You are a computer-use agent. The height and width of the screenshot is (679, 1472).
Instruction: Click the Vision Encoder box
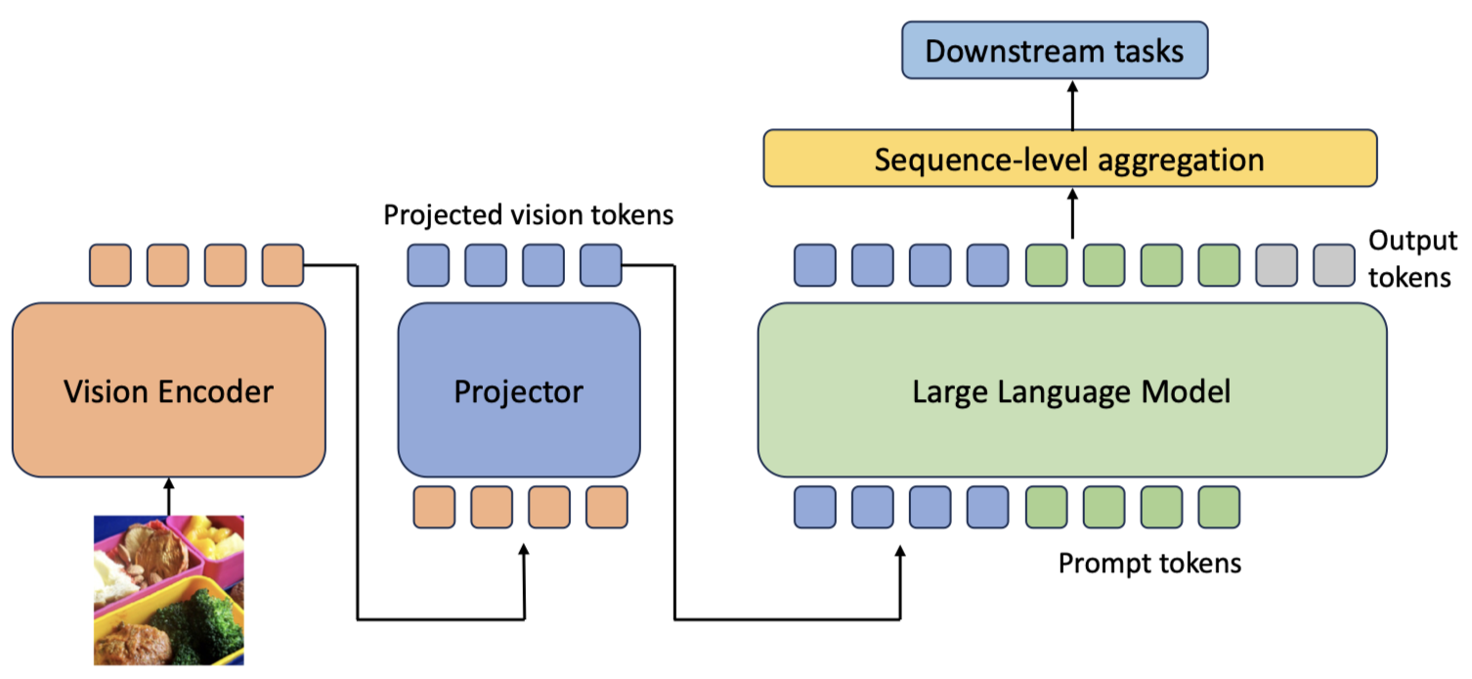pyautogui.click(x=168, y=391)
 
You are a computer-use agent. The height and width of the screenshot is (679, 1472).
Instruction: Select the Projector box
pyautogui.click(x=518, y=391)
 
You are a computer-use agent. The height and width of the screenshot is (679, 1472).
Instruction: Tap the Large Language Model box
pyautogui.click(x=1071, y=391)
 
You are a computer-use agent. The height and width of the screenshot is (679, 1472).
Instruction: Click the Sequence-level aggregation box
pyautogui.click(x=1069, y=158)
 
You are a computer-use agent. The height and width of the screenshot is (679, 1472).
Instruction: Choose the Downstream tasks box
pyautogui.click(x=1054, y=51)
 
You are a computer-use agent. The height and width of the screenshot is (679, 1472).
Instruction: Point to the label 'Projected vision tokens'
pyautogui.click(x=528, y=214)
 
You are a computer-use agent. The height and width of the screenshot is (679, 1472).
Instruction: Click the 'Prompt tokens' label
pyautogui.click(x=1149, y=564)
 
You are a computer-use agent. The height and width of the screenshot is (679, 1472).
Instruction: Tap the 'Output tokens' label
pyautogui.click(x=1411, y=259)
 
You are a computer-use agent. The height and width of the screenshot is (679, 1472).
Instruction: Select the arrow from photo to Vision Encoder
pyautogui.click(x=168, y=496)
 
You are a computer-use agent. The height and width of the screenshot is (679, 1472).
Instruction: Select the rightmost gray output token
pyautogui.click(x=1334, y=265)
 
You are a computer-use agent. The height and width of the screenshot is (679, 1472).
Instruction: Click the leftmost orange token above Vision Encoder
pyautogui.click(x=109, y=265)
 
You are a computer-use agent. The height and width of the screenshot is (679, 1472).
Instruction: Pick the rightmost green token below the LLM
pyautogui.click(x=1219, y=507)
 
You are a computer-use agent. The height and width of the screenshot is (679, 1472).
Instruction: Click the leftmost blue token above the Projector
pyautogui.click(x=427, y=265)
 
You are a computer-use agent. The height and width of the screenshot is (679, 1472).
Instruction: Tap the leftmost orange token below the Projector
pyautogui.click(x=434, y=507)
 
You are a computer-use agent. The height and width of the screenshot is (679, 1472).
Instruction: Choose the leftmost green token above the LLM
pyautogui.click(x=1046, y=265)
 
